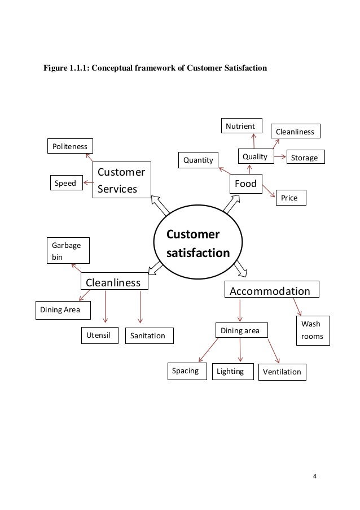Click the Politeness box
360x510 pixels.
(70, 146)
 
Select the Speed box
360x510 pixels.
(65, 183)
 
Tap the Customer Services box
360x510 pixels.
(122, 180)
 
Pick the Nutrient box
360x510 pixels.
(240, 126)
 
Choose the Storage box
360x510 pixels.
(305, 157)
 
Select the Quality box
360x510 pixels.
(255, 156)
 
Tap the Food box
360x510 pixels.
(246, 184)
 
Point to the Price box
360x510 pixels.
(289, 198)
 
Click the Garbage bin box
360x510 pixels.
(67, 251)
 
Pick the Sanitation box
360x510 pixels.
(148, 335)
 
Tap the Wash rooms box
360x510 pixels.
(311, 330)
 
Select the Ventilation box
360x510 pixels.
(282, 372)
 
